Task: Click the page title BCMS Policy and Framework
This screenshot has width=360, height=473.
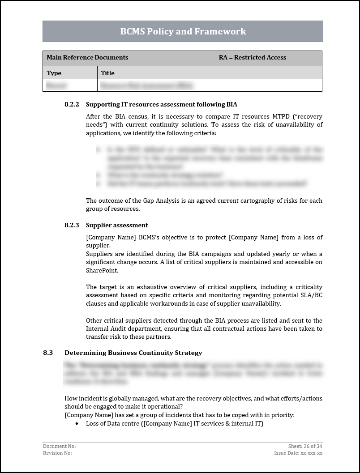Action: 183,31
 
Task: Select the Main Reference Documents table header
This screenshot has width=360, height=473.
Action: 87,57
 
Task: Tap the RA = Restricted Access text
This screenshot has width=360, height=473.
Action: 253,57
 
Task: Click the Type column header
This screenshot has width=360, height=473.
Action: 54,73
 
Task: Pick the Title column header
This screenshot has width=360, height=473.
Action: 107,73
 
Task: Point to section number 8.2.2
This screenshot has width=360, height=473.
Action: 72,104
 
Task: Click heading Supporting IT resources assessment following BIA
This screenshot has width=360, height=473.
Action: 161,104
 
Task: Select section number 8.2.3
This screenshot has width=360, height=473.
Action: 72,225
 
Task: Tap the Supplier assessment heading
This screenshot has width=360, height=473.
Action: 117,225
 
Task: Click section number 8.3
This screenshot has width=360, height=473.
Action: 48,353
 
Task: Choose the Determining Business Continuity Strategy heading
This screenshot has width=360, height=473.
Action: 133,353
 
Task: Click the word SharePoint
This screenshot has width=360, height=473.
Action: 102,270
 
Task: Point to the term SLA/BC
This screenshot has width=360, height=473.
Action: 309,295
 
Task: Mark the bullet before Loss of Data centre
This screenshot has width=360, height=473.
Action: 77,423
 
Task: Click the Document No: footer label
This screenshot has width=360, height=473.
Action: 59,446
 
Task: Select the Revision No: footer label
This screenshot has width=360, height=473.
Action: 57,453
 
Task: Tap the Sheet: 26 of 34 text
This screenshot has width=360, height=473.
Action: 305,446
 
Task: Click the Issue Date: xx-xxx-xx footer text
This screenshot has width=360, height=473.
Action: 298,453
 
